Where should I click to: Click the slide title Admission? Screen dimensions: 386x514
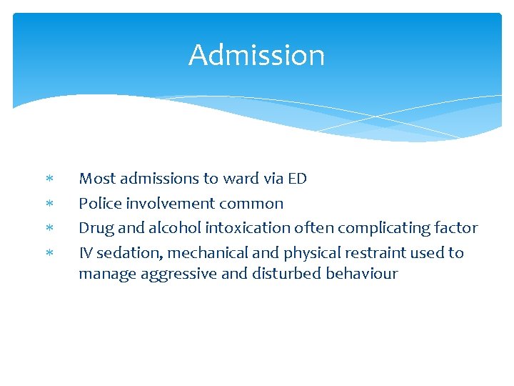[x=256, y=55]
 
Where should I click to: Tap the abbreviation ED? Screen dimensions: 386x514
[x=297, y=178]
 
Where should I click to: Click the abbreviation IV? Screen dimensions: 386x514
[x=86, y=253]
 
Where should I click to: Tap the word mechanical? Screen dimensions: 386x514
[x=200, y=253]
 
